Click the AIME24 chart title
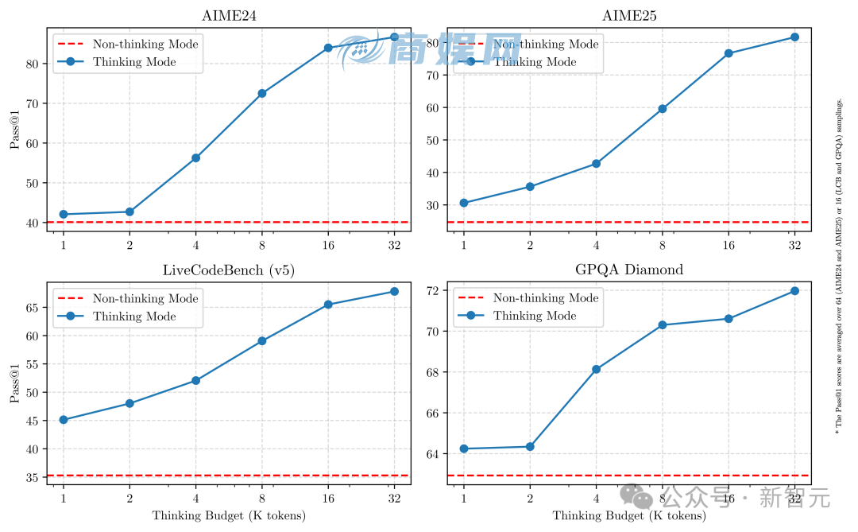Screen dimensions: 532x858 (229, 16)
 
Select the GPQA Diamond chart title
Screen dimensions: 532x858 (629, 270)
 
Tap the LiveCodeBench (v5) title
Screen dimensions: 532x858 (229, 270)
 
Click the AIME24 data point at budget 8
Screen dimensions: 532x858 (261, 93)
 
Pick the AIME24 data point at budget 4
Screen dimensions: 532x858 (195, 157)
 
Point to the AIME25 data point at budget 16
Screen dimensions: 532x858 (728, 53)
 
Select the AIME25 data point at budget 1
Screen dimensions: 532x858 (464, 203)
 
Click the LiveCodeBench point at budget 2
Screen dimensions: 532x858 (129, 403)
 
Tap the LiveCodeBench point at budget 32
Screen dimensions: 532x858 (394, 291)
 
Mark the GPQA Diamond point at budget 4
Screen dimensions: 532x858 (596, 369)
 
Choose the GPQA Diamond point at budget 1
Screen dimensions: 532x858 (464, 449)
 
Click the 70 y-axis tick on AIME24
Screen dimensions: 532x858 (34, 103)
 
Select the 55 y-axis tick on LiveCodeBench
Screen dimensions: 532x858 (34, 364)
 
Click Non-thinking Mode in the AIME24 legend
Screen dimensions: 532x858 (145, 45)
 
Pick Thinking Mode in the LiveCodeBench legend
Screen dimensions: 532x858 (134, 316)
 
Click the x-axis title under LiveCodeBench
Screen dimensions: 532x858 (229, 515)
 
